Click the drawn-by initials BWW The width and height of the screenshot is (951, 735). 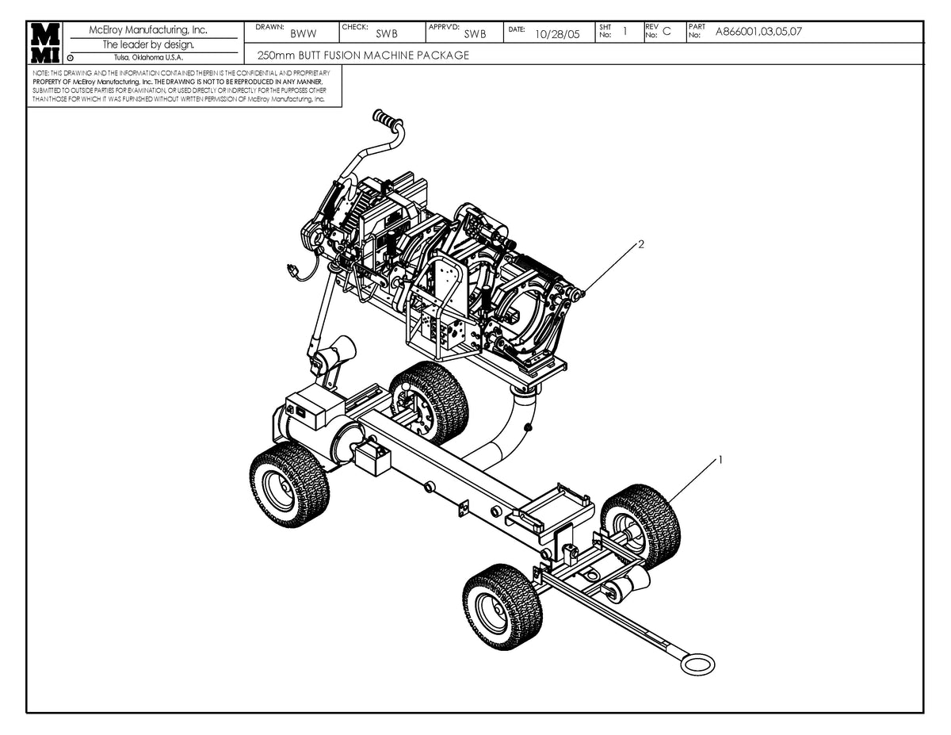303,34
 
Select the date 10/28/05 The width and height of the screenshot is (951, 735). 557,34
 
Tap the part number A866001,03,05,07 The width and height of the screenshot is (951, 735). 759,32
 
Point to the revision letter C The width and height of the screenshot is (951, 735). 666,32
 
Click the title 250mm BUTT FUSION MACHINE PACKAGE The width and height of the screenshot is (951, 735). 363,56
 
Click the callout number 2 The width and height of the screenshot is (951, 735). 641,244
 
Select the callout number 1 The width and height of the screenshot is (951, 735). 720,459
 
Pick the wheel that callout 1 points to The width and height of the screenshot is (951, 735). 641,526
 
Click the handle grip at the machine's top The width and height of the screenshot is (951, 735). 388,121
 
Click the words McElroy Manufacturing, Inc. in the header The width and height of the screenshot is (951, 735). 148,30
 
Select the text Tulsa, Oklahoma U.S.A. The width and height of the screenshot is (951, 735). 148,57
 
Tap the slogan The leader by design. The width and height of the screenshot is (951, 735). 148,44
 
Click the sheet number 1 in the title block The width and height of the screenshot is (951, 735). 624,32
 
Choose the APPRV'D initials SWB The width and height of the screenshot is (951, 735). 475,34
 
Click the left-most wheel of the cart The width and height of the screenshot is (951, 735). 288,485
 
